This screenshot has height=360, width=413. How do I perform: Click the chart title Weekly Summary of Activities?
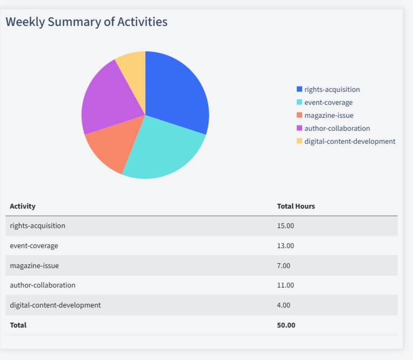click(86, 22)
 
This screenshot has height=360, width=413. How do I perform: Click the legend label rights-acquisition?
click(332, 90)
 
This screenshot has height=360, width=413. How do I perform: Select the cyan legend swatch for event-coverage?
click(299, 103)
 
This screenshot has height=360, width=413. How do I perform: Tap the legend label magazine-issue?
click(329, 116)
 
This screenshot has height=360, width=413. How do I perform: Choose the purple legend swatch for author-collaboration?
click(299, 129)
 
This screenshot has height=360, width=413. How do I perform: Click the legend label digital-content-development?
click(350, 142)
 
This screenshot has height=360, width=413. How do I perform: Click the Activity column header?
click(23, 206)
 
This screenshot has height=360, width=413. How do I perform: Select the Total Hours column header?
click(296, 206)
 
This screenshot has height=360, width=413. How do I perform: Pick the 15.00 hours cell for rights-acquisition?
click(285, 226)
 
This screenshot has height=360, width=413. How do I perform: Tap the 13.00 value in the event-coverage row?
click(285, 246)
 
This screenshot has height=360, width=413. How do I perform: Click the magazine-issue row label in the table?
click(35, 266)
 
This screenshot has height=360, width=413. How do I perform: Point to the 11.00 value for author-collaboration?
click(285, 285)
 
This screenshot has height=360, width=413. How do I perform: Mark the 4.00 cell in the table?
click(284, 305)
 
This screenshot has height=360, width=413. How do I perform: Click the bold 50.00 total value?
click(286, 325)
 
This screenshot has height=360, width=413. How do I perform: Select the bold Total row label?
click(18, 325)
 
